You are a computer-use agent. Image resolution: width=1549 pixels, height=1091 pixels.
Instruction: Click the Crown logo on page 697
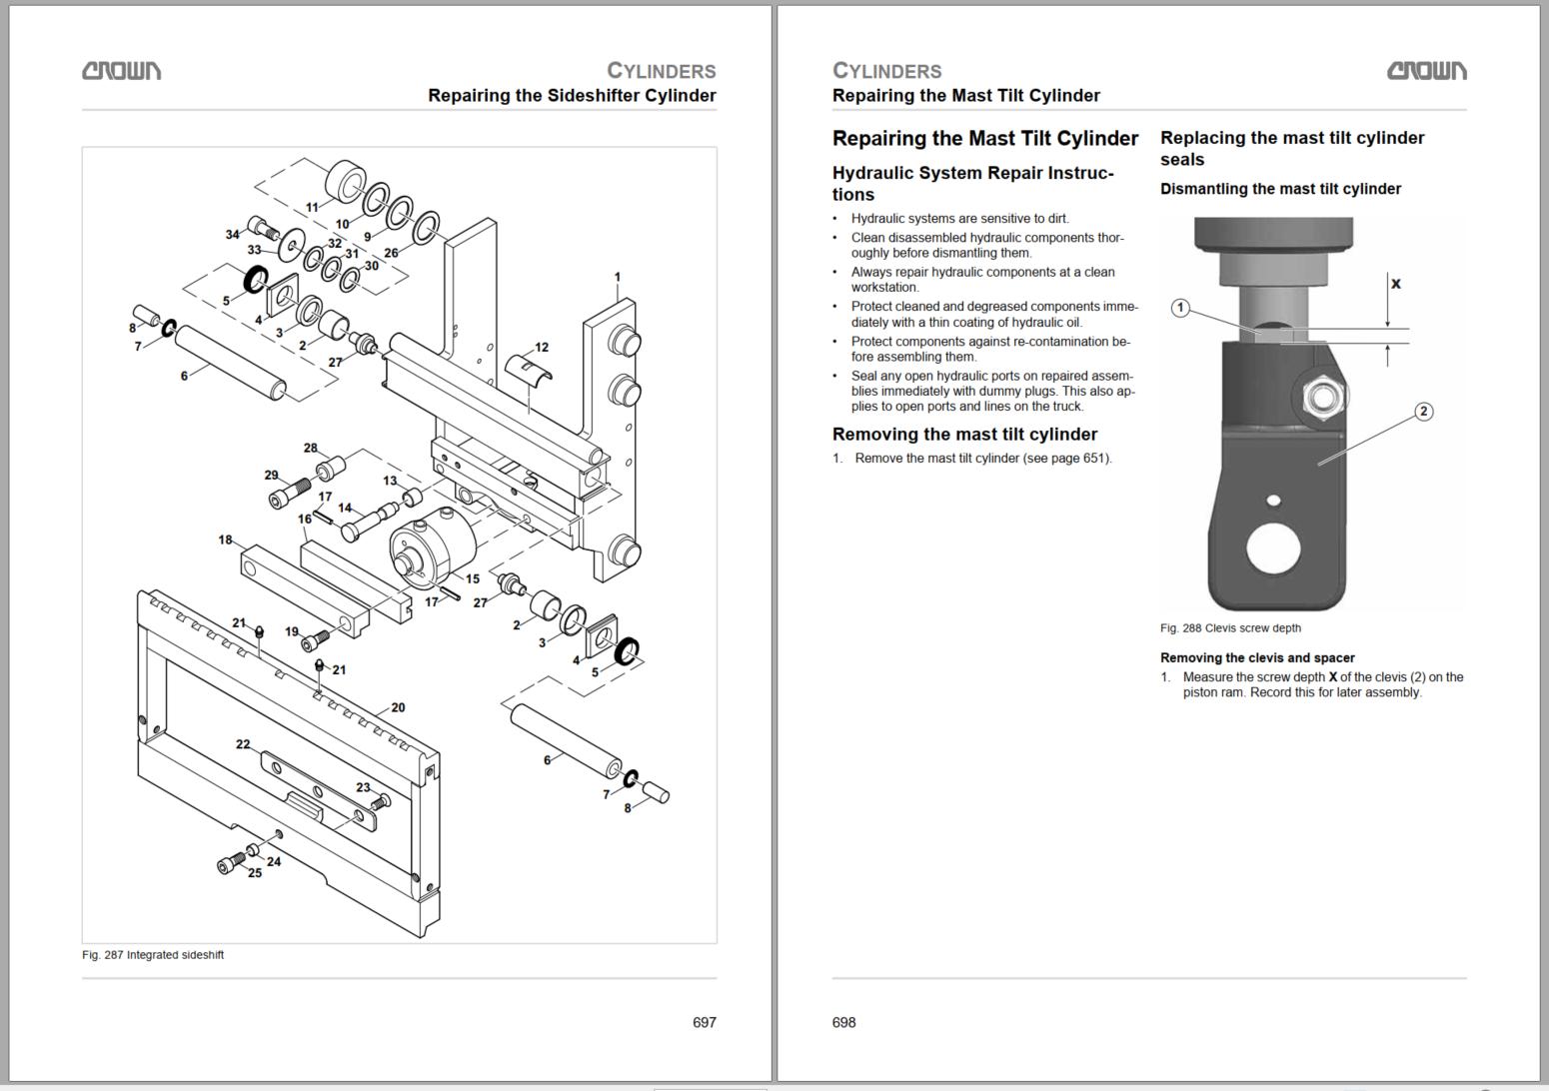(121, 70)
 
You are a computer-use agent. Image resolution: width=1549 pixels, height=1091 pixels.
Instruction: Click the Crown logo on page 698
(1426, 70)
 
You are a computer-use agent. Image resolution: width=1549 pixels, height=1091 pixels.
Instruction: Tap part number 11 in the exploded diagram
(312, 208)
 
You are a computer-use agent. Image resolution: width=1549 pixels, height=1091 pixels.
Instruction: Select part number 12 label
(542, 348)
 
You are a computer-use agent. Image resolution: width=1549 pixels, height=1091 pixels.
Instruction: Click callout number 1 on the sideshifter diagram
(618, 277)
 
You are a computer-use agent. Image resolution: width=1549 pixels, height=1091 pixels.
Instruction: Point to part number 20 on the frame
(398, 707)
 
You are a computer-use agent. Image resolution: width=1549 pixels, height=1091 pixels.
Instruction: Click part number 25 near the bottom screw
(255, 872)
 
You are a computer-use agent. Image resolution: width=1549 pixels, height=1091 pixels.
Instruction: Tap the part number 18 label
(225, 540)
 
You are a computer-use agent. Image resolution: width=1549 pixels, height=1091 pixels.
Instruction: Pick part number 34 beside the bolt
(232, 234)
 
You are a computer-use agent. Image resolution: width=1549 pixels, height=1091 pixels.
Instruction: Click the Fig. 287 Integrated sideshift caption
(153, 954)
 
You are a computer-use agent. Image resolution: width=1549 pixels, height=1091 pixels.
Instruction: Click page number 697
(705, 1022)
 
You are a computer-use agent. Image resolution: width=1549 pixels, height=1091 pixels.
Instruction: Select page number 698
(843, 1022)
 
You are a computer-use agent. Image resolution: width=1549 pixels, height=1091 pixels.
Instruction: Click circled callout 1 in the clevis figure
(1180, 308)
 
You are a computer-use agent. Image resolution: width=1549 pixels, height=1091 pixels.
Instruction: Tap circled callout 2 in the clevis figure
(1424, 411)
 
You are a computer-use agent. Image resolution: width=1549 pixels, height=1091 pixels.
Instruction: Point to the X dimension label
(1396, 284)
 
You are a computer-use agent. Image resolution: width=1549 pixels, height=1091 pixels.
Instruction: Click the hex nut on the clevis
(1323, 399)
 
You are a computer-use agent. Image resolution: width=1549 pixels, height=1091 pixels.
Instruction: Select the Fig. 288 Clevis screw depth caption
(1230, 628)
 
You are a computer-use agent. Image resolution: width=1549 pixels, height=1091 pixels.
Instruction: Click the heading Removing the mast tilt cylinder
(964, 435)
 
